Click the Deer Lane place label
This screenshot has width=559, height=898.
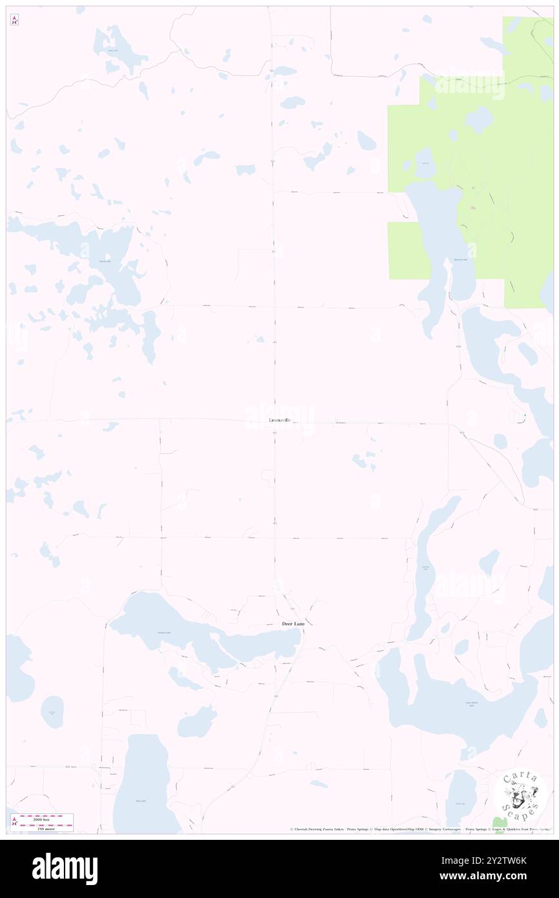pos(284,623)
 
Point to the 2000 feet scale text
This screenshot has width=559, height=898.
pos(47,818)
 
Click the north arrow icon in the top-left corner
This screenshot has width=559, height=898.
pos(14,20)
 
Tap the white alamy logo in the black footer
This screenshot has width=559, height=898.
pos(65,868)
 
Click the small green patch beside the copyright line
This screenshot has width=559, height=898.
pos(497,822)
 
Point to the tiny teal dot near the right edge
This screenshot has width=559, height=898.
pos(525,415)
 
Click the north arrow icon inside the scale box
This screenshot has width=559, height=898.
pos(14,822)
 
